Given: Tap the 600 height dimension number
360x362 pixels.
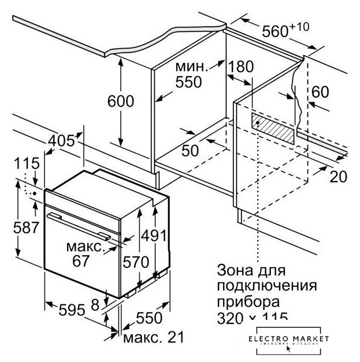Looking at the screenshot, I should click(120, 100).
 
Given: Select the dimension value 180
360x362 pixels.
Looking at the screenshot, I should click(240, 66).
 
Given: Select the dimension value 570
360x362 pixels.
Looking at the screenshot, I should click(135, 261).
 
